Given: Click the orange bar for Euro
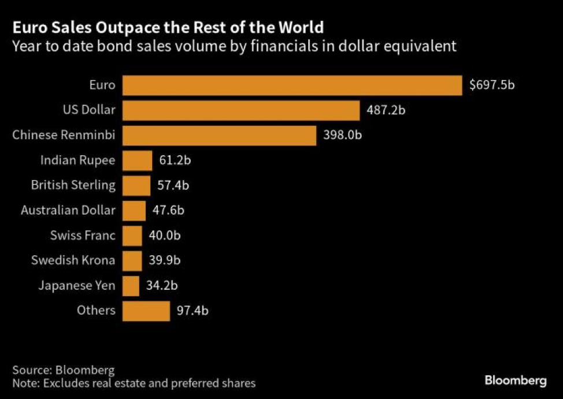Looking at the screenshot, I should pyautogui.click(x=292, y=85).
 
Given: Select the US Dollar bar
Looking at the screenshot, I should pyautogui.click(x=241, y=110).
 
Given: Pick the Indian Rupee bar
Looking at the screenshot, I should pyautogui.click(x=138, y=160).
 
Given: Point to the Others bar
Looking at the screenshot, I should pyautogui.click(x=146, y=311).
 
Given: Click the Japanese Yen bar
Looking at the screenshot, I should pyautogui.click(x=131, y=285).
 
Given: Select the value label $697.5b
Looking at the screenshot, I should pyautogui.click(x=492, y=85).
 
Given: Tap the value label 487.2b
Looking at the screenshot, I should pyautogui.click(x=386, y=110).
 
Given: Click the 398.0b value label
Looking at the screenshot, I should pyautogui.click(x=342, y=135).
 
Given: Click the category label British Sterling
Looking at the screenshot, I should pyautogui.click(x=73, y=185).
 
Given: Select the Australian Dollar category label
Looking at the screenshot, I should pyautogui.click(x=68, y=210).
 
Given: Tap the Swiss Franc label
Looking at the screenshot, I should pyautogui.click(x=83, y=236).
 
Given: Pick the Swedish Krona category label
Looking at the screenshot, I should pyautogui.click(x=73, y=260).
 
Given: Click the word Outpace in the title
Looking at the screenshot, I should pyautogui.click(x=129, y=27).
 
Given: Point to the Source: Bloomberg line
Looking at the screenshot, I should pyautogui.click(x=64, y=370).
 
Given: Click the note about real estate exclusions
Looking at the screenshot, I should pyautogui.click(x=134, y=383).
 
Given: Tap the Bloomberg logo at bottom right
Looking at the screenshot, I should pyautogui.click(x=515, y=381).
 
